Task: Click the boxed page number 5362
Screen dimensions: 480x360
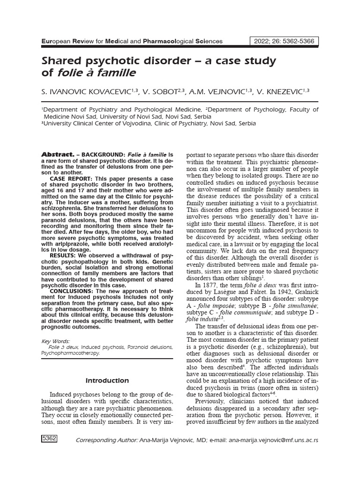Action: [50, 439]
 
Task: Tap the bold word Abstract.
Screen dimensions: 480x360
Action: [58, 154]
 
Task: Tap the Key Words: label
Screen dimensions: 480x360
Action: [56, 341]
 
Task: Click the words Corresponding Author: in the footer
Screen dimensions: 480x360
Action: [106, 441]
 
